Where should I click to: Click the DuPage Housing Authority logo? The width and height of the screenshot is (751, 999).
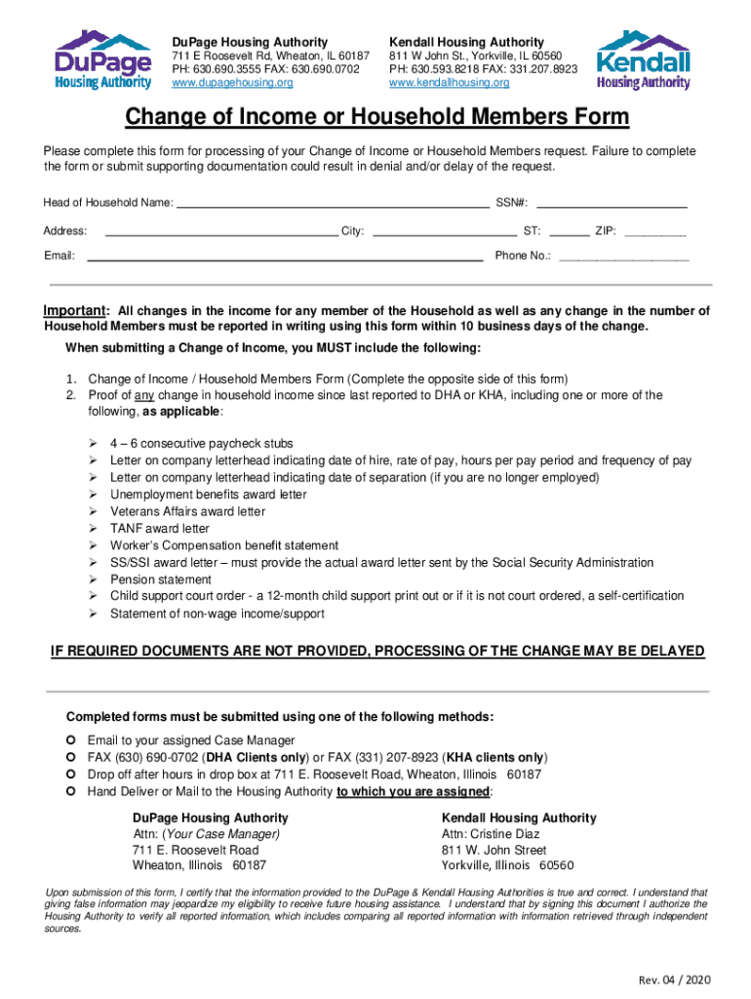102,60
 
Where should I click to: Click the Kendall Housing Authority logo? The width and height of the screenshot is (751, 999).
643,60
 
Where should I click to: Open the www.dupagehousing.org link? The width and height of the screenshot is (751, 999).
232,84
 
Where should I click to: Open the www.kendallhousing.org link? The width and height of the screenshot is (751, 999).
449,84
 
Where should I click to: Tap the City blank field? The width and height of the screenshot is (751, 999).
445,231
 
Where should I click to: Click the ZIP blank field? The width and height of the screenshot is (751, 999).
654,231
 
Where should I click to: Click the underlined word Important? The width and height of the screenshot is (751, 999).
74,311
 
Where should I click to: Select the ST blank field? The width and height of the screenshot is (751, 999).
575,231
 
